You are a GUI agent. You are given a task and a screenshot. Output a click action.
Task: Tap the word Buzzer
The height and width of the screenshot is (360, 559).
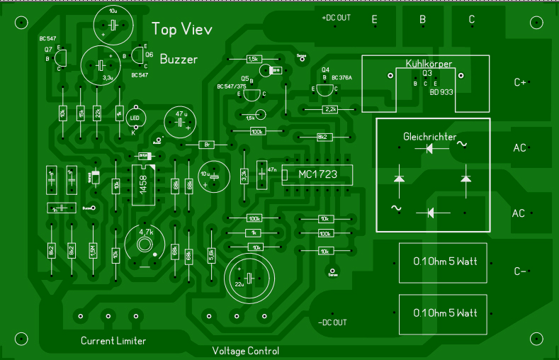179,60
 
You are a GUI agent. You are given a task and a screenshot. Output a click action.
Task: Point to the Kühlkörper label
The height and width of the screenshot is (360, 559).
429,64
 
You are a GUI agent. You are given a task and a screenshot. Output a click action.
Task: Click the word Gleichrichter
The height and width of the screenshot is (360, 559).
429,135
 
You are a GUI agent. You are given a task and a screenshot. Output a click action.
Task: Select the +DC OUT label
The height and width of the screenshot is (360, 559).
336,18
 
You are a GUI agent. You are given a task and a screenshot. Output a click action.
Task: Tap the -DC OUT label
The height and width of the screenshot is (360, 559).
332,322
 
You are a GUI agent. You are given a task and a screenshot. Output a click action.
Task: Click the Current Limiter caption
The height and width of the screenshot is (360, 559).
113,341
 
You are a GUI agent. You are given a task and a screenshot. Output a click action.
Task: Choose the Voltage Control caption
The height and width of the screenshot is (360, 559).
246,351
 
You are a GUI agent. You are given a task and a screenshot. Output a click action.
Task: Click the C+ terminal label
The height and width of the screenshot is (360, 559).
520,82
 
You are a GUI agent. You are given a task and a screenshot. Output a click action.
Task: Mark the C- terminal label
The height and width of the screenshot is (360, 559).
520,271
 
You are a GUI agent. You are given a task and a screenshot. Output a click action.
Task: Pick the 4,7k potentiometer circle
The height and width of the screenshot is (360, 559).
145,244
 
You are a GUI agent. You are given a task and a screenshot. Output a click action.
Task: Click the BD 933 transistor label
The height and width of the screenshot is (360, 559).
440,92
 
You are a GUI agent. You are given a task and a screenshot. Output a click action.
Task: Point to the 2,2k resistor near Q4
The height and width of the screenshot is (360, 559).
329,109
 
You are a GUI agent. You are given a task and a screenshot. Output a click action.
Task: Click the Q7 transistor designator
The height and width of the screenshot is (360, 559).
48,50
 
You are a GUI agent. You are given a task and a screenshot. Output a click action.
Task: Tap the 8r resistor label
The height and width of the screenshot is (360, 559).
208,145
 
